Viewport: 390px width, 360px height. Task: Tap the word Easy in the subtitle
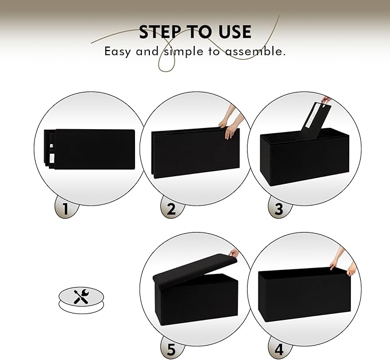(x=117, y=51)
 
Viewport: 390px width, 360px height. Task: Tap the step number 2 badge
(x=171, y=208)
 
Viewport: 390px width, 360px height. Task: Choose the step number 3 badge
(x=279, y=208)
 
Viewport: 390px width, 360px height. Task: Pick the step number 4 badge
(x=279, y=348)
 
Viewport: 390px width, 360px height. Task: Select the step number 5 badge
(x=171, y=348)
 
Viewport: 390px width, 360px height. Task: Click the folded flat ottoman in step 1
(x=92, y=149)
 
